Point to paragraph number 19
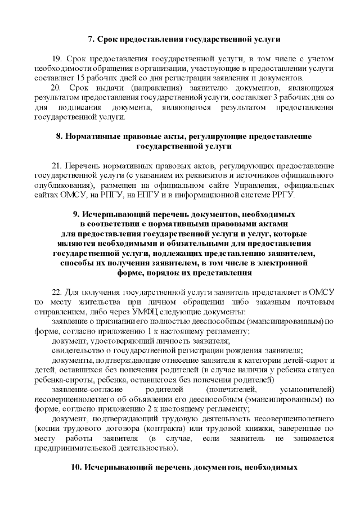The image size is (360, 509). pyautogui.click(x=56, y=59)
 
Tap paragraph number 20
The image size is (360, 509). pyautogui.click(x=56, y=88)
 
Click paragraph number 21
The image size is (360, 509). pyautogui.click(x=56, y=166)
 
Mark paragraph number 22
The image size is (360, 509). pyautogui.click(x=56, y=292)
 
